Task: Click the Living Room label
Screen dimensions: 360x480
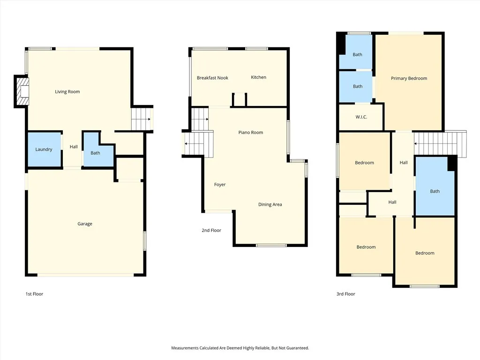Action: (x=67, y=92)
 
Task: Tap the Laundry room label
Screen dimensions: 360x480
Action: (x=44, y=150)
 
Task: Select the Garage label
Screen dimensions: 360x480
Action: (x=85, y=224)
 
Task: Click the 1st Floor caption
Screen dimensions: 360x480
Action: (x=34, y=294)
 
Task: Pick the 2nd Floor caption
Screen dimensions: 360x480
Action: (x=211, y=230)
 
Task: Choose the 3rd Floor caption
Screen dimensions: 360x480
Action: (x=346, y=294)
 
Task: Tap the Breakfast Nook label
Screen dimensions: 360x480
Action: (x=212, y=78)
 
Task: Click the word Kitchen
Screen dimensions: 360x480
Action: (x=258, y=77)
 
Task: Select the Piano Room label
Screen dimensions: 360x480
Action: (x=250, y=133)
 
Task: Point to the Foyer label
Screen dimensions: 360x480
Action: (x=220, y=185)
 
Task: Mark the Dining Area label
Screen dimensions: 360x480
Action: (x=270, y=204)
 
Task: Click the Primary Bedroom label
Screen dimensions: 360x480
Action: (x=409, y=78)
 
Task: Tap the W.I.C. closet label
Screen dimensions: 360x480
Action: (x=361, y=117)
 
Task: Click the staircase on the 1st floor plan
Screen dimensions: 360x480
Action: (x=142, y=119)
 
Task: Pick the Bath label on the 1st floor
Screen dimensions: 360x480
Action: (x=95, y=153)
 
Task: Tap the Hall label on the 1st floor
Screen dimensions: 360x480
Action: (x=74, y=147)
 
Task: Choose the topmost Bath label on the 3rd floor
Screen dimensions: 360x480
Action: (x=357, y=55)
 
